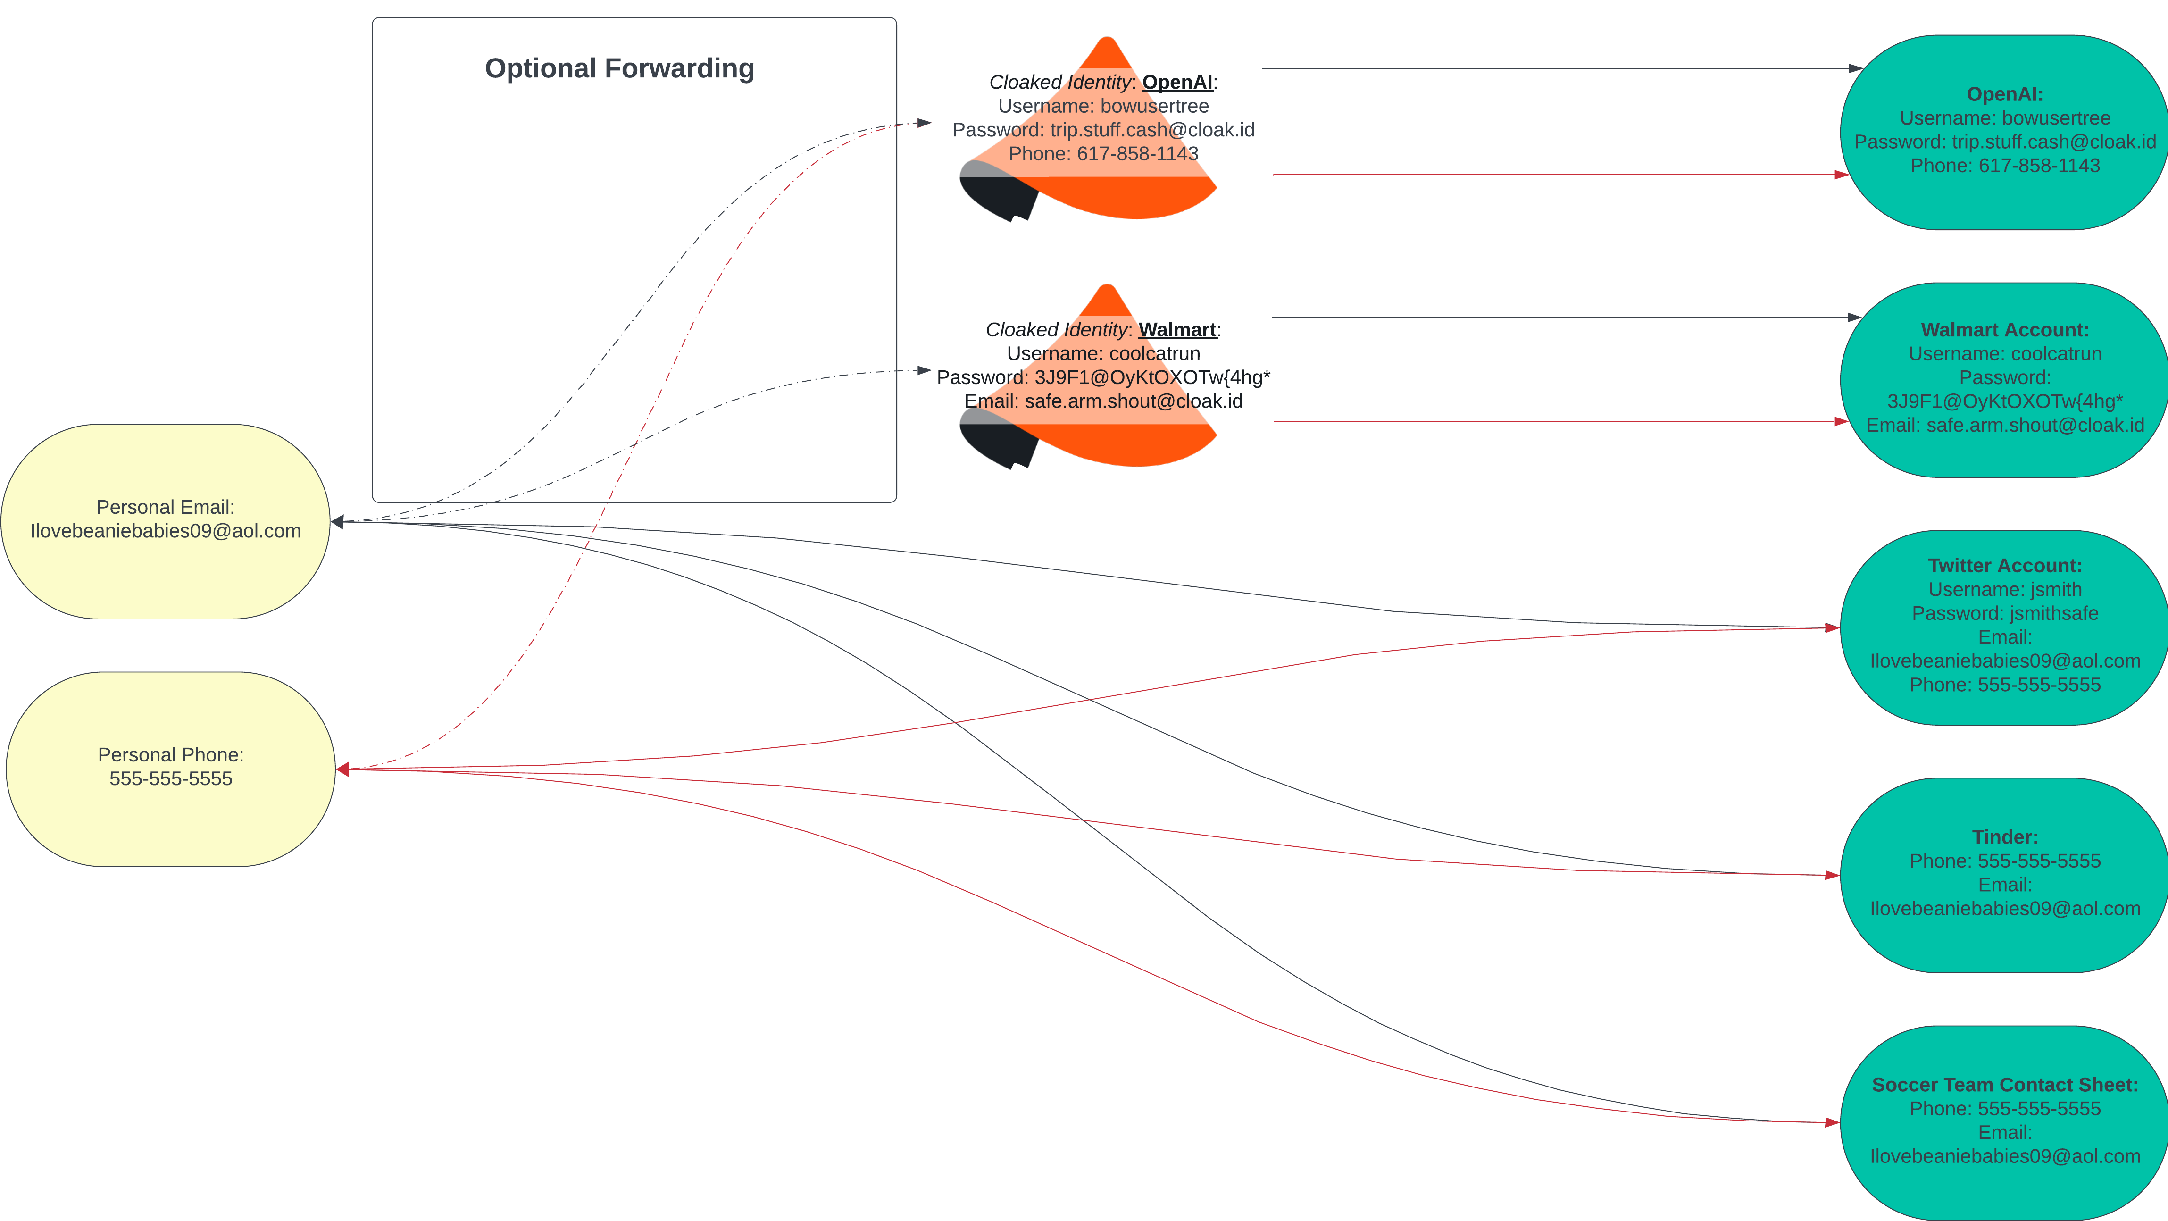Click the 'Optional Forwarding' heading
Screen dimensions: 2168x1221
tap(619, 68)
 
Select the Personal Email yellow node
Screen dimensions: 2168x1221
tap(166, 522)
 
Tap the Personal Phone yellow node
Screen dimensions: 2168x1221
tap(171, 769)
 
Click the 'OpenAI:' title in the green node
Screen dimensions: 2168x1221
tap(2005, 94)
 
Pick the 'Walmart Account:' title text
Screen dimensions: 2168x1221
tap(2005, 330)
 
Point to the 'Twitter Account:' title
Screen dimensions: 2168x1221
tap(2005, 566)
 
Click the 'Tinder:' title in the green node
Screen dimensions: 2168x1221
tap(2005, 837)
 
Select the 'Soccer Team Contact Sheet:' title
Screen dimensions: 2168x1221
tap(2005, 1085)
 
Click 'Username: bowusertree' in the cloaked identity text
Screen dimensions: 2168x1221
tap(1103, 106)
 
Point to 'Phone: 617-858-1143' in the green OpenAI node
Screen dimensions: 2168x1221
tap(2005, 166)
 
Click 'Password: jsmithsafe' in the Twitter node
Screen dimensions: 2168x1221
tap(2005, 613)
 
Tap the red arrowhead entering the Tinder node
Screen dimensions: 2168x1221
tap(1832, 875)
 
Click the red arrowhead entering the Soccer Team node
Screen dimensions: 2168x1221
tap(1832, 1122)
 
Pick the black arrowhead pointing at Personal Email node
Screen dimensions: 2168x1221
tap(337, 522)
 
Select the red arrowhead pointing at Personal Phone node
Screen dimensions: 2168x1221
tap(342, 769)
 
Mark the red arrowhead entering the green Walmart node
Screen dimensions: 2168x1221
tap(1842, 421)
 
